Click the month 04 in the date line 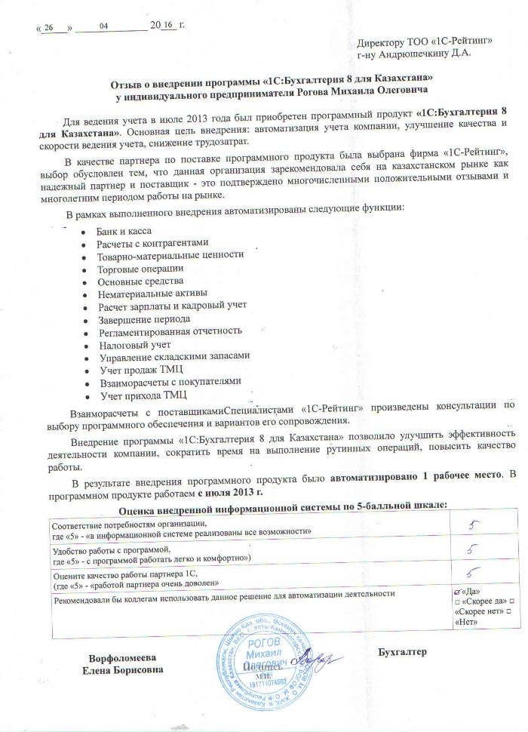click(103, 26)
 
